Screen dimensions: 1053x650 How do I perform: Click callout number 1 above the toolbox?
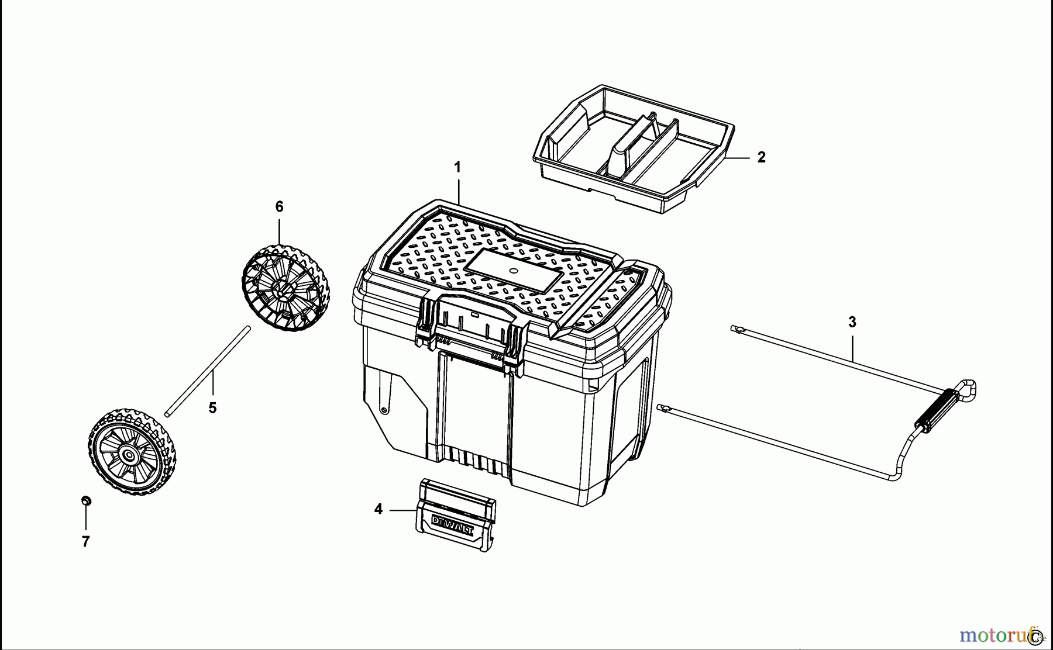457,168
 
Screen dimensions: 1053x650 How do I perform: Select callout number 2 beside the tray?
761,157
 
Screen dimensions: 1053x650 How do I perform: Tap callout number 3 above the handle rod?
852,322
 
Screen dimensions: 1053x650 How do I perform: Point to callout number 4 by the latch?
378,510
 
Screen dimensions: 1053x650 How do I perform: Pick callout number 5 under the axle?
212,408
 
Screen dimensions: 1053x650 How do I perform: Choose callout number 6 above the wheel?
279,207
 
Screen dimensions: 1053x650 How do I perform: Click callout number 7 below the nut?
86,542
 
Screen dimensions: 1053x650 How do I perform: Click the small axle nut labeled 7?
86,501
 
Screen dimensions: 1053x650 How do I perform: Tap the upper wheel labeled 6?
285,288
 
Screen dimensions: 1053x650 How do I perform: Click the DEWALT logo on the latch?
453,525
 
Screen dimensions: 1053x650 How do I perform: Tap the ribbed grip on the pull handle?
938,411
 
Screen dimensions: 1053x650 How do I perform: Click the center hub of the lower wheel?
128,454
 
